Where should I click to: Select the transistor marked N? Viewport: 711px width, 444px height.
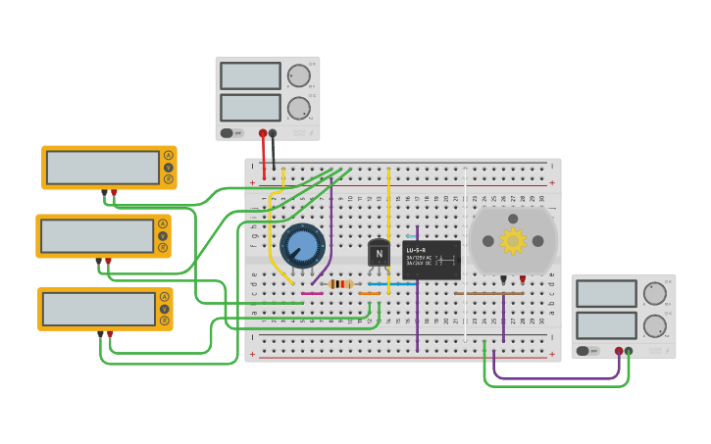379,253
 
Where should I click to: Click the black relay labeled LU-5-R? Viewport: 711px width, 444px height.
431,260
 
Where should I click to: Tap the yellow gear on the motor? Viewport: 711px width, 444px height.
512,240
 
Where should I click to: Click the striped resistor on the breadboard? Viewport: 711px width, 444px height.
340,284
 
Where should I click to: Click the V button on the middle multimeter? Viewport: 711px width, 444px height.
163,235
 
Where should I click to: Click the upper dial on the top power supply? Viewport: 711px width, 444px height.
299,76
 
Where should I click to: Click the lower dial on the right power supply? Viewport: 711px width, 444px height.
654,325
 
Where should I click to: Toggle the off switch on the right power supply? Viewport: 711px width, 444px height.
587,350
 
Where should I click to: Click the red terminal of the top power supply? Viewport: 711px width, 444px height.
262,132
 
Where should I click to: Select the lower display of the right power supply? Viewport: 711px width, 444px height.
606,325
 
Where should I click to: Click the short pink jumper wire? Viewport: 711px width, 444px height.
312,293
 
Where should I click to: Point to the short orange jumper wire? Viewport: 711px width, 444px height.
370,293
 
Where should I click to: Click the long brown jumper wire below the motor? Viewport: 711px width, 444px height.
488,293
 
